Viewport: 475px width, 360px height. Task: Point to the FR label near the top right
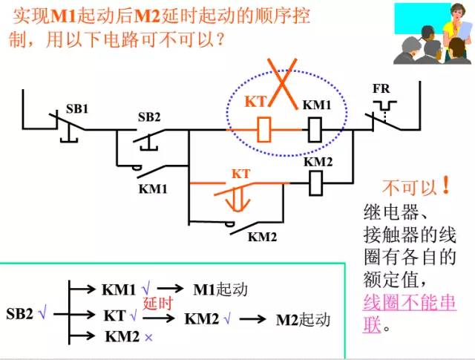381,89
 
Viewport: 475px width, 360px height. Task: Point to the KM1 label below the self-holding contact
153,189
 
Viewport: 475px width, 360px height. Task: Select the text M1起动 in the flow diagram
220,289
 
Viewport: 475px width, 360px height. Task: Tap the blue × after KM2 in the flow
148,337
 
